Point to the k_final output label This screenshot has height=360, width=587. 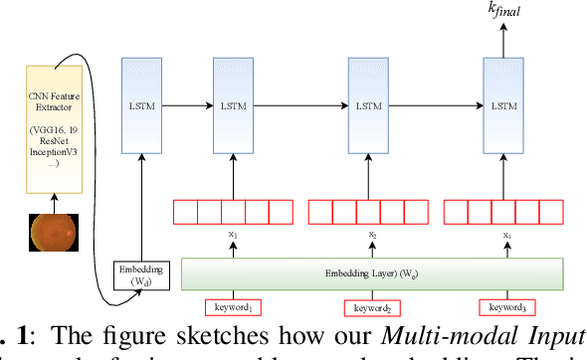coord(502,11)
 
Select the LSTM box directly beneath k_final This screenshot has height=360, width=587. coord(502,104)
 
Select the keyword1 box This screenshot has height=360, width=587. coord(233,306)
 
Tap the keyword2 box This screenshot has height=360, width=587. coord(367,306)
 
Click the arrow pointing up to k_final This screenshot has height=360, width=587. coord(502,38)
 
